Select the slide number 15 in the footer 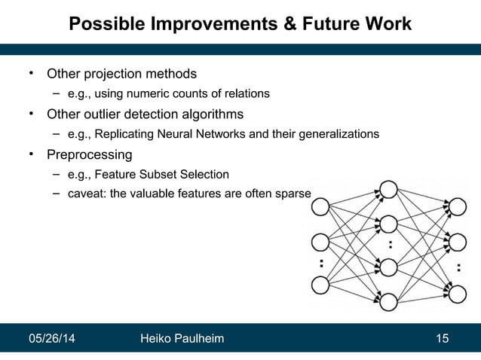click(442, 340)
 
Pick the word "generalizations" click(339, 135)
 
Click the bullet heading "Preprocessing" click(89, 155)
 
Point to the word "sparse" click(293, 194)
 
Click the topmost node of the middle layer click(388, 188)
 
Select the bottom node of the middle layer click(388, 302)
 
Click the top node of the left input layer click(320, 206)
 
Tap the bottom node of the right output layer click(458, 288)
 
